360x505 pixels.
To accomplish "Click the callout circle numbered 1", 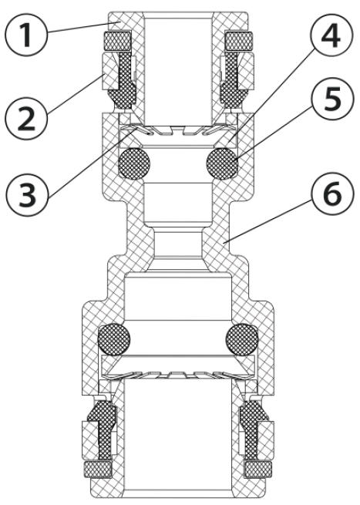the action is pos(26,35).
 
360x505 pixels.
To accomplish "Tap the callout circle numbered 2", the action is pos(26,118).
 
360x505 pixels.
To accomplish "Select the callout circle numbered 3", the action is pos(26,194).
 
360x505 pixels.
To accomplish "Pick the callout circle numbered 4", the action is pos(331,35).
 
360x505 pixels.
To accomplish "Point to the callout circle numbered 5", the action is pos(331,98).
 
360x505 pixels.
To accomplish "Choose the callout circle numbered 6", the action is pos(331,194).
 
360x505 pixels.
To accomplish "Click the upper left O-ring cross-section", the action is pos(134,164).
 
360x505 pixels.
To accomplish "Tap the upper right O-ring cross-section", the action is pos(222,164).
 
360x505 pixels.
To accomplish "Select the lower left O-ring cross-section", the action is pos(114,339).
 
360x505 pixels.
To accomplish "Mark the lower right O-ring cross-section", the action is pos(242,339).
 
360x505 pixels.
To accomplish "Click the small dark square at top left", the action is pos(117,42).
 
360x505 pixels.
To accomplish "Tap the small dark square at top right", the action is pos(239,42).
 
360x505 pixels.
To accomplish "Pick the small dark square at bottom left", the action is pos(97,470).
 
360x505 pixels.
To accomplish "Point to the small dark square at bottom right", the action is pos(259,470).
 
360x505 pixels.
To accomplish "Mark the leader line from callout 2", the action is pos(76,94).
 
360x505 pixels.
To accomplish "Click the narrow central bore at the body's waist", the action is pos(178,242).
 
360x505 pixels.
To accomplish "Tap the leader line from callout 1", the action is pos(85,26).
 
